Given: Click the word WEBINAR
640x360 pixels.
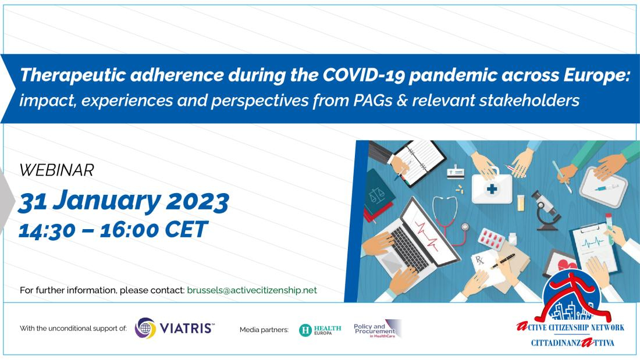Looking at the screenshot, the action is [x=57, y=170].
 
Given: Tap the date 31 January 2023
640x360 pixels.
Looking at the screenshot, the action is [x=123, y=201].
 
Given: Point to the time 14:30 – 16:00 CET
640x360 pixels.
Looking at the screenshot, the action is [x=113, y=229].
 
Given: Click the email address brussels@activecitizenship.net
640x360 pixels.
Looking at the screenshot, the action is [x=252, y=290].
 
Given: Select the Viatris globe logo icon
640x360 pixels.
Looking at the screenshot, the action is [x=145, y=328].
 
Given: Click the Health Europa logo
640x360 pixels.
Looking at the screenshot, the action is [x=320, y=330].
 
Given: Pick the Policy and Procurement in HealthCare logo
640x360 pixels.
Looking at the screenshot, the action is [x=378, y=329].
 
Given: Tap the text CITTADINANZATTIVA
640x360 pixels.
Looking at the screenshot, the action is [x=573, y=343].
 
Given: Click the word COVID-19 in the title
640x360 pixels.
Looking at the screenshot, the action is [x=364, y=76].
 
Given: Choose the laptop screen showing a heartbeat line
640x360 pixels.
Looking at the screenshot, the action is [x=429, y=233].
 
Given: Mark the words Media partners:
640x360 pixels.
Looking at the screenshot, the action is [x=264, y=330].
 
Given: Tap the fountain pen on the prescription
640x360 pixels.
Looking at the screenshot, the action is [x=503, y=261].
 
